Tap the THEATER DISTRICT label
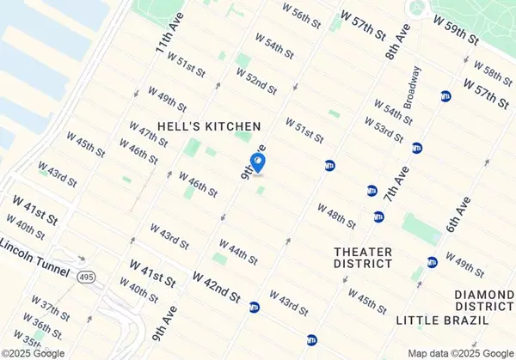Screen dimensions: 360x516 click(x=364, y=258)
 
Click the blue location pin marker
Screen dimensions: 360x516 click(x=257, y=162)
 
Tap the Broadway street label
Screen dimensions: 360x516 click(x=416, y=86)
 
